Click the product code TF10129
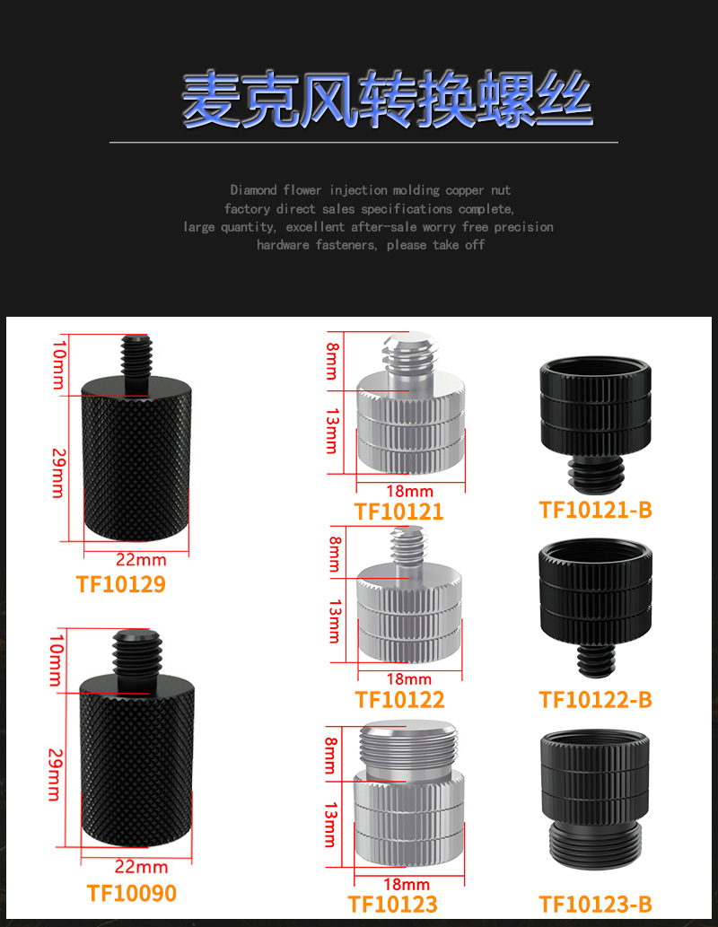(120, 584)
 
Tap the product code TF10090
(131, 893)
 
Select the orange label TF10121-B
(595, 510)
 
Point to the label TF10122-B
(595, 699)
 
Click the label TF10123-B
(595, 904)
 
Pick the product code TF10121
(398, 512)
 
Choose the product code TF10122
(399, 699)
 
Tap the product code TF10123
(393, 904)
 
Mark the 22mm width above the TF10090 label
(141, 867)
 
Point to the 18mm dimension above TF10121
(408, 491)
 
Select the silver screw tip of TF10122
(408, 548)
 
